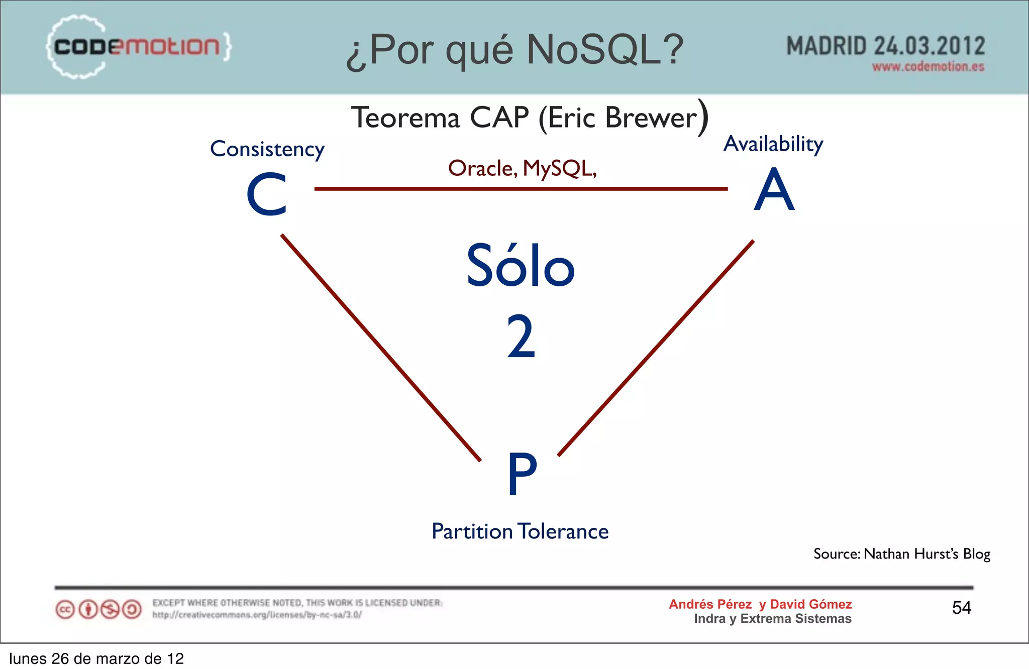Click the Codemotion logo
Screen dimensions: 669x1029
[x=138, y=47]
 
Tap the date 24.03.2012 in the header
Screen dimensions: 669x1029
[x=929, y=46]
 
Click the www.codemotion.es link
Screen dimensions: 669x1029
[x=928, y=67]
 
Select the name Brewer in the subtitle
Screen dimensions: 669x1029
[x=651, y=118]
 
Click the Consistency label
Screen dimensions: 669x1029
[x=267, y=149]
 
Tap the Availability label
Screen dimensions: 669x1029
[x=773, y=144]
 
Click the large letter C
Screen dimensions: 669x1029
[x=267, y=195]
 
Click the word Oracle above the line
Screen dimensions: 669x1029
[x=482, y=169]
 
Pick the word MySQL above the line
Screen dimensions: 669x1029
[x=559, y=169]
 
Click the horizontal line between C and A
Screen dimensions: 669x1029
[x=521, y=189]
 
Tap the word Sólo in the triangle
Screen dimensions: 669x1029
[x=521, y=266]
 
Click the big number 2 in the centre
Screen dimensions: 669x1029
[x=521, y=337]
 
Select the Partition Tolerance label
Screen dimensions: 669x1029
[x=520, y=531]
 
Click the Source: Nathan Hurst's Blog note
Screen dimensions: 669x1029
[x=902, y=553]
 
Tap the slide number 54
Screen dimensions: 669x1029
[x=961, y=608]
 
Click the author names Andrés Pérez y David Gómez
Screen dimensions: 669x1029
[x=760, y=604]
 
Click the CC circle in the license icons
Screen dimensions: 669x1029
[x=65, y=610]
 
